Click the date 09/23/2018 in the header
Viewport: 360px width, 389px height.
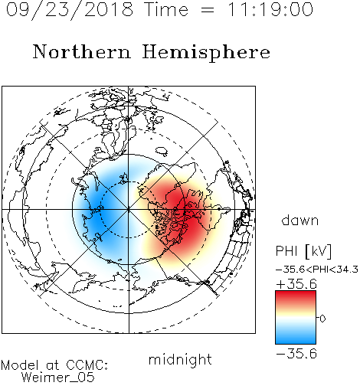click(70, 10)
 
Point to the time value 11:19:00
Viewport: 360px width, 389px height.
click(270, 10)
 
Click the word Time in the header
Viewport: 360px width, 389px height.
click(166, 10)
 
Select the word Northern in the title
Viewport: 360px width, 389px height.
click(82, 51)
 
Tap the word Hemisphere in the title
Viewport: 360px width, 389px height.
click(206, 53)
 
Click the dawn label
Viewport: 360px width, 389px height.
click(300, 220)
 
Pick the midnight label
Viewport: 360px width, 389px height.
click(180, 359)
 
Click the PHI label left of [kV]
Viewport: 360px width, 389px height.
click(286, 251)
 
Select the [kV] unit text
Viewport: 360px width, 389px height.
click(318, 252)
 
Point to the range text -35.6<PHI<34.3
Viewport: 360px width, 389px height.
click(317, 270)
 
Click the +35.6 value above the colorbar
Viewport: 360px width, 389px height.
click(296, 284)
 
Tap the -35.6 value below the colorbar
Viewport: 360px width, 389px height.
click(296, 354)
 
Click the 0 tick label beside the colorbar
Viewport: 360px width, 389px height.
click(322, 319)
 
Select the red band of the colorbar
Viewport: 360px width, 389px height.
click(296, 297)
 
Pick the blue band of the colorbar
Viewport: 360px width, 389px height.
click(296, 336)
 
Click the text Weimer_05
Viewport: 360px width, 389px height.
click(58, 378)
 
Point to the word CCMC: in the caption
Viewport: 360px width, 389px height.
click(87, 365)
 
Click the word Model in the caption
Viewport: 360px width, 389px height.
click(20, 365)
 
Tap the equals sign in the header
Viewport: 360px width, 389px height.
click(208, 10)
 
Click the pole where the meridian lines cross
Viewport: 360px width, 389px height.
click(129, 209)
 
